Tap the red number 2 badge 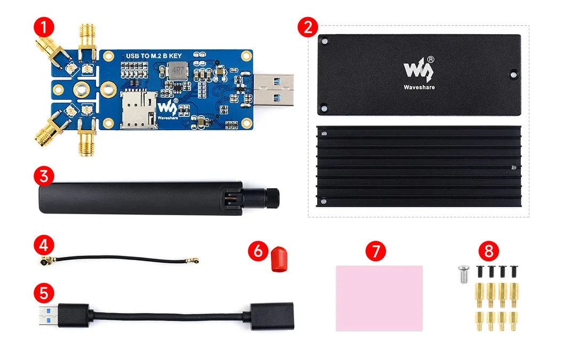pos(307,28)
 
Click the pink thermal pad pos(379,298)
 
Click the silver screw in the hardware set pos(463,275)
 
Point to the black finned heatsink pos(418,167)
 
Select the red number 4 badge pos(43,246)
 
